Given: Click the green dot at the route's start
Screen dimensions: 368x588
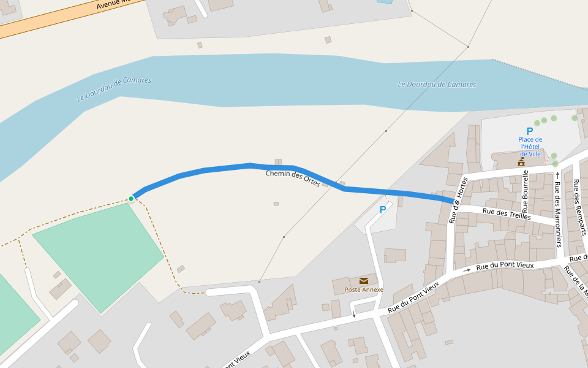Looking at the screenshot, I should point(131,198).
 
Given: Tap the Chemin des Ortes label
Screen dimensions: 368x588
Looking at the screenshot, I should point(293,178).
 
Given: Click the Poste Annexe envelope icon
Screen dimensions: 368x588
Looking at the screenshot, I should point(364,281).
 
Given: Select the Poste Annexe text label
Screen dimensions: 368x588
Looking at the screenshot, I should point(364,289).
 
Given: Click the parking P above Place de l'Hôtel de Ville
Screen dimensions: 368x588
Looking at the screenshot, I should point(530,131).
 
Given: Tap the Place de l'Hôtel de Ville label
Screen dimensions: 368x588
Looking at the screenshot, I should point(530,147).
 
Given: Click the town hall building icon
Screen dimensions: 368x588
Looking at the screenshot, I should point(521,162).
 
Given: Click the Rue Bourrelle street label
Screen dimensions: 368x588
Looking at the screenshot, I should point(526,191).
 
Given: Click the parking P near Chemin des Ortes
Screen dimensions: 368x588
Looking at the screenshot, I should point(383,210).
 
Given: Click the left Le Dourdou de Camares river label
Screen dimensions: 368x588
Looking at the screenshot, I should point(114,89).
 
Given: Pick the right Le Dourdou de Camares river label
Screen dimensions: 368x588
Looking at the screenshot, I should point(437,85).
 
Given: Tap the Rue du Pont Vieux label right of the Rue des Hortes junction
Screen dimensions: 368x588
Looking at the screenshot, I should point(505,266).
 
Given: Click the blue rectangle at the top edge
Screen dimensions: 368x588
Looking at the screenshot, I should point(385,1).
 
